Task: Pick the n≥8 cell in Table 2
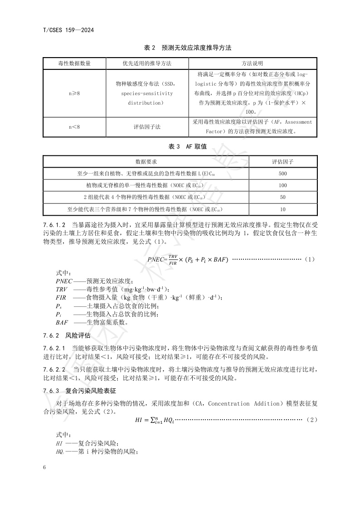coord(74,93)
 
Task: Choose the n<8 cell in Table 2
coord(74,127)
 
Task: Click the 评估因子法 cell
coord(147,127)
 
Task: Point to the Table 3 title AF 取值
coord(180,146)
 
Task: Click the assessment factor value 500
coord(283,174)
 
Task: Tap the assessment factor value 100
coord(283,185)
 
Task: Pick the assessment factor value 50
coord(283,197)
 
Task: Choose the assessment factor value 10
coord(283,209)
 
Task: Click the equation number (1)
coord(309,259)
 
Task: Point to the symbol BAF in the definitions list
coord(62,323)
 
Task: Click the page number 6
coord(45,467)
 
